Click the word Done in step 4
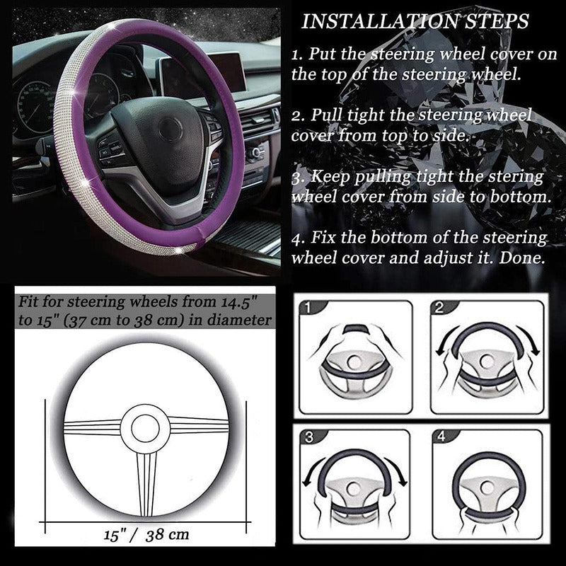pos(521,258)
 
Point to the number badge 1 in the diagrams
pos(308,308)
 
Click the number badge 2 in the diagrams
pos(439,308)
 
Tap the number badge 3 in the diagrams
pos(309,437)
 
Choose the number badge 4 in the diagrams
pos(441,437)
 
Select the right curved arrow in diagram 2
pos(529,340)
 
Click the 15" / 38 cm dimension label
pos(146,535)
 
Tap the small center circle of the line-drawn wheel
pos(145,428)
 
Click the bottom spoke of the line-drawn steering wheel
pos(146,484)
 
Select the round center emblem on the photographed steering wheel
pos(170,129)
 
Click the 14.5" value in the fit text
pos(236,302)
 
